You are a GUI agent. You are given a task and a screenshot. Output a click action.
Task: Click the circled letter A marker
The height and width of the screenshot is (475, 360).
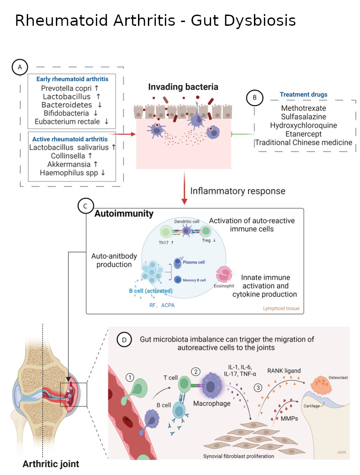point(20,68)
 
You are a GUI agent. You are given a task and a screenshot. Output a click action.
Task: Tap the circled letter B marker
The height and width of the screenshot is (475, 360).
point(254,98)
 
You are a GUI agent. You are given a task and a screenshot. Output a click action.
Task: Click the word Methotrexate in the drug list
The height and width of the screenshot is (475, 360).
point(303,108)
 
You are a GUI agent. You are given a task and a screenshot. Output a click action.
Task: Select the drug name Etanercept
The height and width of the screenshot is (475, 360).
point(303,134)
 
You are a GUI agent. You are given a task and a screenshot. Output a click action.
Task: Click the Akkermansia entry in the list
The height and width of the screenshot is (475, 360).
point(68,164)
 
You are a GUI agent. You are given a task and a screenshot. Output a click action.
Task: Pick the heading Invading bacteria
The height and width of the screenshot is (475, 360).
point(183,87)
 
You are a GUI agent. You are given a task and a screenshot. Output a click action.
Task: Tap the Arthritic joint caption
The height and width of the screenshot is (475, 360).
point(51,465)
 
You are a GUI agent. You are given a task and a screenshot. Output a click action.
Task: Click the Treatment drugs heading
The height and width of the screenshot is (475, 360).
point(303,94)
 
